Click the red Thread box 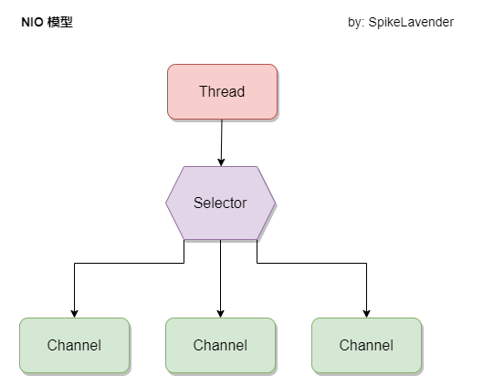[222, 91]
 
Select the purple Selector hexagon [220, 203]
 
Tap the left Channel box [74, 345]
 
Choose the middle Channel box [220, 345]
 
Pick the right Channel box [366, 345]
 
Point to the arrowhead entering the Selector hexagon [220, 162]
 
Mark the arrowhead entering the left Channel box [74, 313]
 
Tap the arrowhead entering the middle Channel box [220, 313]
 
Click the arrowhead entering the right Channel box [366, 313]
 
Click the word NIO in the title [31, 23]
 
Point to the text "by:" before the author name [357, 23]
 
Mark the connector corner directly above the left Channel [74, 263]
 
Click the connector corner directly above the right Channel [366, 263]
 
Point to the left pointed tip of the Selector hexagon [166, 203]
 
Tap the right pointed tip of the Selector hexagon [275, 203]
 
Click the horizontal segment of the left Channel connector [128, 263]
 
